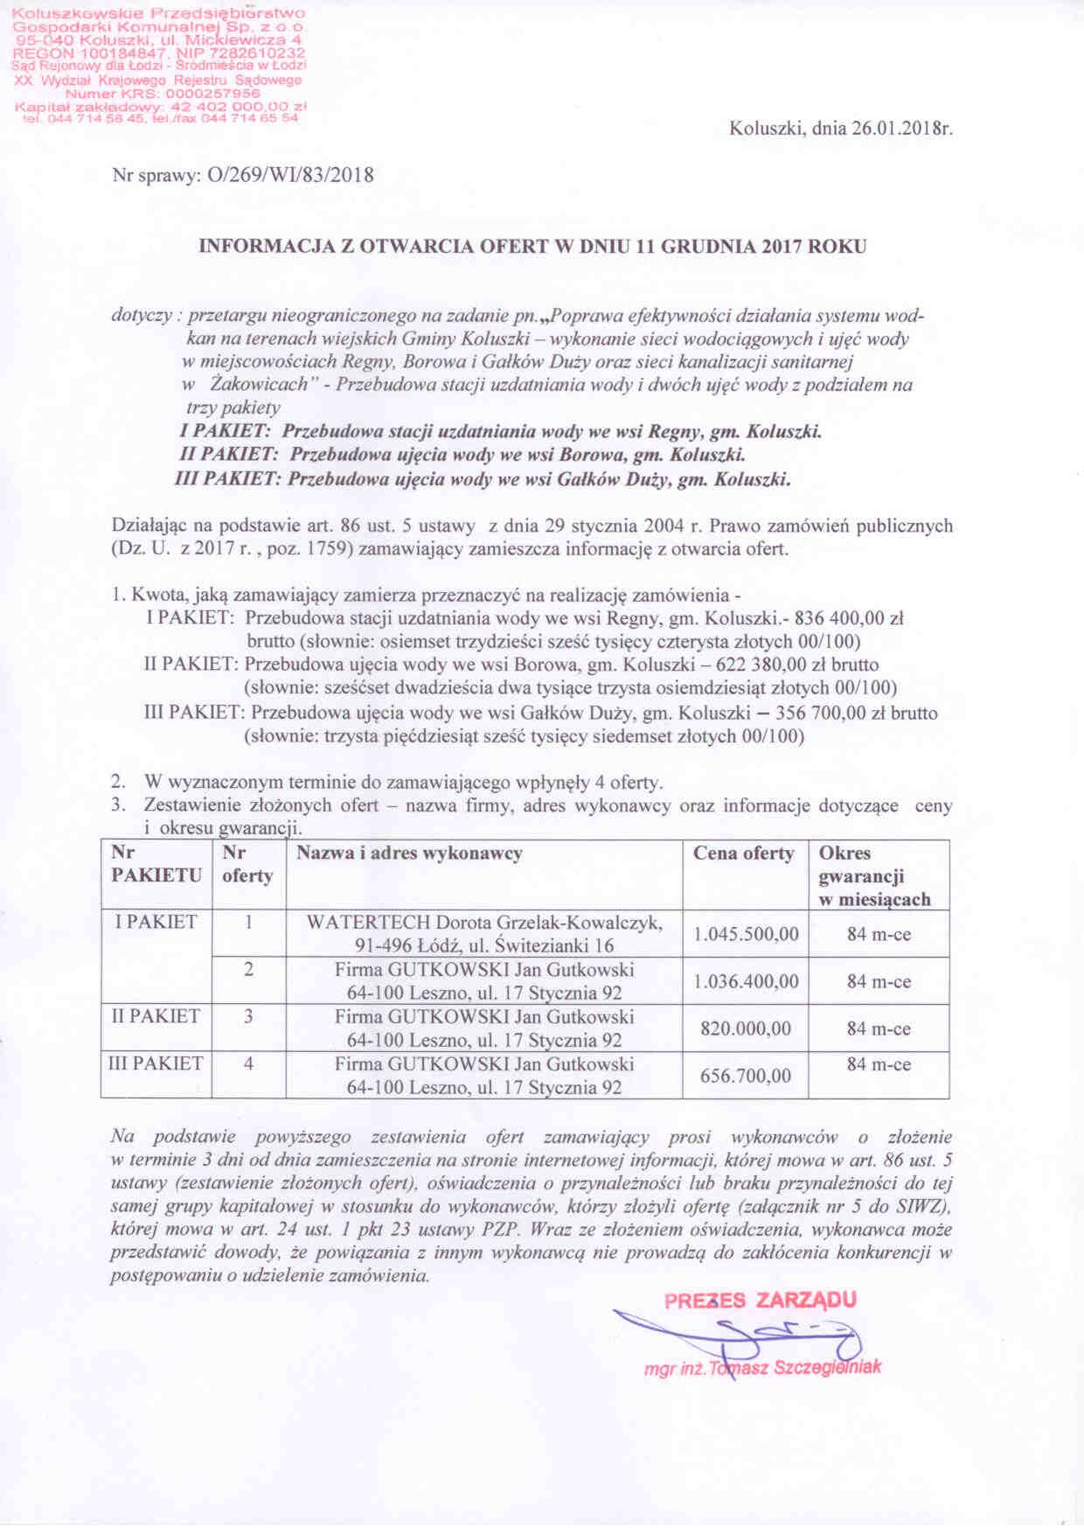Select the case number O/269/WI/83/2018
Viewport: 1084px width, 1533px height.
point(289,175)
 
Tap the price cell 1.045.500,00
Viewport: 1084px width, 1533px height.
point(746,934)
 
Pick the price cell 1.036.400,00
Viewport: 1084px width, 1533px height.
point(746,981)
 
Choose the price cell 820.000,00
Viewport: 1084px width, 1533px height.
point(746,1028)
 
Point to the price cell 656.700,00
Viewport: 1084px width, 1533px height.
point(746,1076)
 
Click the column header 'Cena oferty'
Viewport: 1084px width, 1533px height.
point(744,854)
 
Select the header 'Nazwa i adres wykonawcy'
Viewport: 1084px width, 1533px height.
point(409,854)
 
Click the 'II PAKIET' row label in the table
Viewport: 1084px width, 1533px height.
point(155,1017)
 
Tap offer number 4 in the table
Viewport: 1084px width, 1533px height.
point(249,1064)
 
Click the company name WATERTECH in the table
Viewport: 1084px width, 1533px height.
point(368,923)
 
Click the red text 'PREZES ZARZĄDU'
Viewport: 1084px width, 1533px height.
point(761,1300)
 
